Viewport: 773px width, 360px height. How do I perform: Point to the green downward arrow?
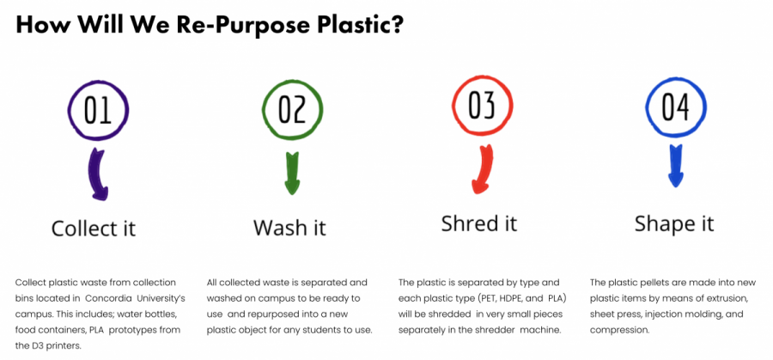coord(293,173)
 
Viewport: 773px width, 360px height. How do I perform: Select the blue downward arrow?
coord(676,166)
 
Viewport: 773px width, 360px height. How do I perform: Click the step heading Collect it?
coord(94,229)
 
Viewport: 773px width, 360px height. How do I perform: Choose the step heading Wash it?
coord(290,228)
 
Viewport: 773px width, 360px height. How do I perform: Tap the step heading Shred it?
coord(479,223)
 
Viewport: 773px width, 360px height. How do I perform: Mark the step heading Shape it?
coord(674,224)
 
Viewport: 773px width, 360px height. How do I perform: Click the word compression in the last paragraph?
coord(613,331)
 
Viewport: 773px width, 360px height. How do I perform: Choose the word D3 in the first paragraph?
coord(35,346)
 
